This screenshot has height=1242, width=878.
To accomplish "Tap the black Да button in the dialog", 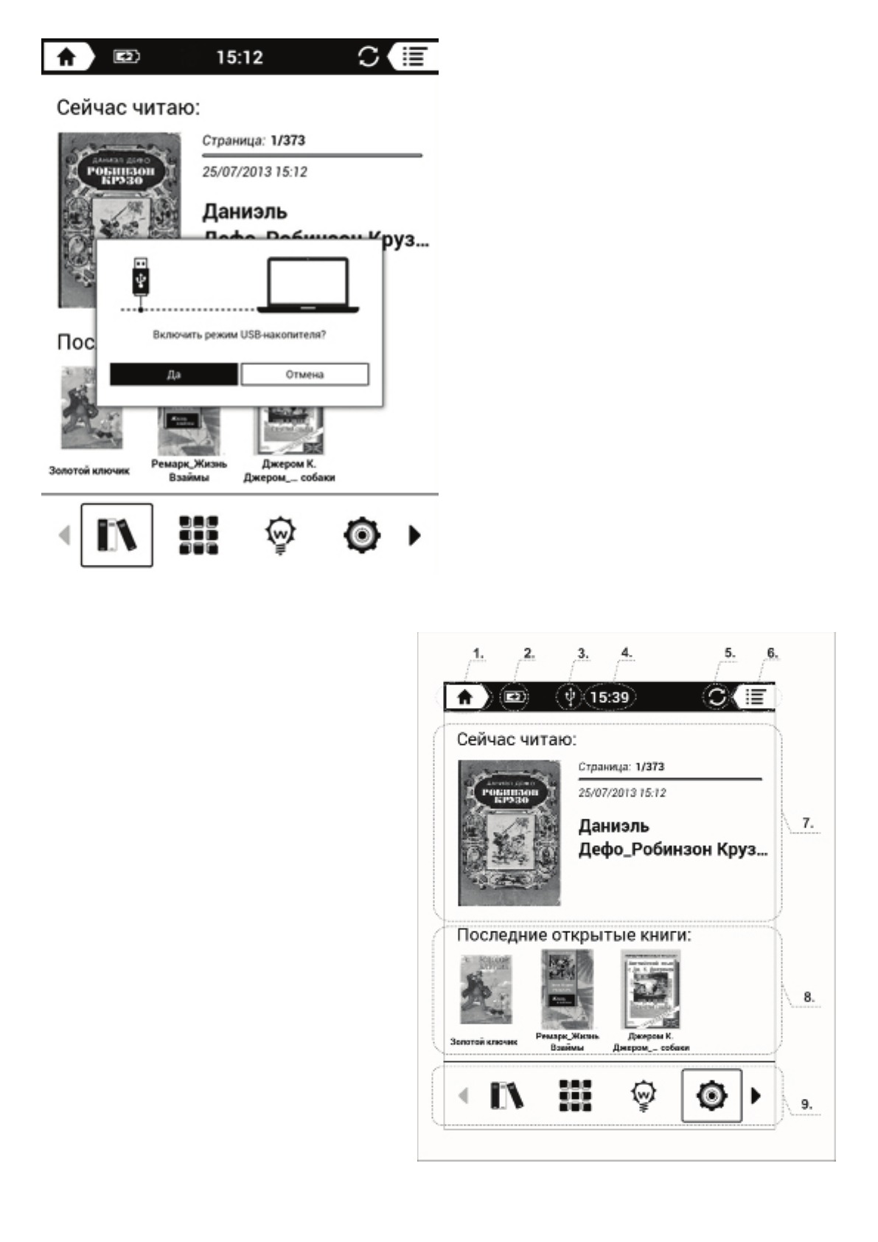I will click(x=174, y=374).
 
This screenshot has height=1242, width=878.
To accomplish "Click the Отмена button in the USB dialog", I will click(x=304, y=374).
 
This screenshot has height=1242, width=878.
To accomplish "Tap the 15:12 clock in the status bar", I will click(x=240, y=58).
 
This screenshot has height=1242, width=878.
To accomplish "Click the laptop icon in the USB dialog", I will click(x=308, y=285).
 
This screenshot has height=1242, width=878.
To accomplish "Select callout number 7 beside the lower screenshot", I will click(x=808, y=823).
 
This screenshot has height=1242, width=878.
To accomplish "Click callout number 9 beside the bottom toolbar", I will click(x=806, y=1104).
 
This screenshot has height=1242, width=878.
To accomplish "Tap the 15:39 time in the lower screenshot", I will click(x=610, y=697).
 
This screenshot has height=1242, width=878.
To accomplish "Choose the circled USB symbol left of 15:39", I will click(x=568, y=697).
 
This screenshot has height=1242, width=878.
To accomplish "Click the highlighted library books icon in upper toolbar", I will click(x=116, y=535).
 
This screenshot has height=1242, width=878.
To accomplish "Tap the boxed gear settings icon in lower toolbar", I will click(x=711, y=1095).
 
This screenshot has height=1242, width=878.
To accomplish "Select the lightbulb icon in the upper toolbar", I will click(x=280, y=535).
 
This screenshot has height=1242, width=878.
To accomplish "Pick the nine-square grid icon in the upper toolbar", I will click(x=198, y=535).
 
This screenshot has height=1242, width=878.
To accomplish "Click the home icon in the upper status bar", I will click(x=66, y=58).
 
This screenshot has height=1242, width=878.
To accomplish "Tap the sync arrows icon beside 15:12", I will click(x=368, y=57).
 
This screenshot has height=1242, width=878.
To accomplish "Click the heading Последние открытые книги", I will click(x=574, y=935).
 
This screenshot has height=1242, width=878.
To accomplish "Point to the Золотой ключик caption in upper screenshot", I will click(x=89, y=471).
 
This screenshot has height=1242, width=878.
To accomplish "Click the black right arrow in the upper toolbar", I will click(x=414, y=535).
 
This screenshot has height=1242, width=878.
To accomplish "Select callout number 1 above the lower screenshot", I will click(x=478, y=653).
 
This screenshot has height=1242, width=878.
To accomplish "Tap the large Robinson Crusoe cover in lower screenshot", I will click(x=509, y=833).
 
